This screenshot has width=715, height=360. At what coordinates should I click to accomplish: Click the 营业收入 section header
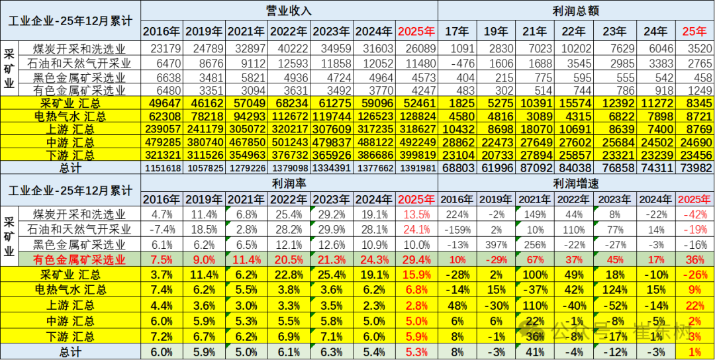tap(289, 11)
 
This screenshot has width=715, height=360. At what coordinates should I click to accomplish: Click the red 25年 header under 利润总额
tap(694, 31)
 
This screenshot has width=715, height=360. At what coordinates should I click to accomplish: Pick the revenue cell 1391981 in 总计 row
tap(417, 168)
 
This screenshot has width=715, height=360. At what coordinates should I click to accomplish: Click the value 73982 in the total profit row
tap(694, 168)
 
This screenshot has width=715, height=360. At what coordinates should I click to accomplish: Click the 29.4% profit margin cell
tap(417, 259)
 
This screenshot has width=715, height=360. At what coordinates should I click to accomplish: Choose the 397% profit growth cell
tap(495, 244)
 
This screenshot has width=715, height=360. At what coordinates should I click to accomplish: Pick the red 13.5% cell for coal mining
tap(417, 214)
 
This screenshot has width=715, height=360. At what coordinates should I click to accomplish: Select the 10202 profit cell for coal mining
tap(574, 48)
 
